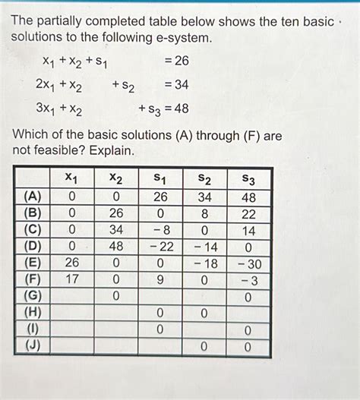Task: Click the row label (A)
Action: tap(33, 197)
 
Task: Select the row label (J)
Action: tap(33, 346)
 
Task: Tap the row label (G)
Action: tap(33, 296)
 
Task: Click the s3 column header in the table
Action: tap(248, 178)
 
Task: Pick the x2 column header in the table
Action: tap(115, 178)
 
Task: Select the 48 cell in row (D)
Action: tap(115, 247)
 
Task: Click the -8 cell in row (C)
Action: tap(159, 230)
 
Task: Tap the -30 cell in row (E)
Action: tap(248, 263)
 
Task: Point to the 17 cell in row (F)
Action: tap(71, 279)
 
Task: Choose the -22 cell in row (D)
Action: tap(159, 247)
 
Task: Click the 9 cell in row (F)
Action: tap(159, 279)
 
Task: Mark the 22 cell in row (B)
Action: tap(248, 213)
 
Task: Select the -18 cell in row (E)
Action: tap(204, 263)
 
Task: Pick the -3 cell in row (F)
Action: tap(248, 279)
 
